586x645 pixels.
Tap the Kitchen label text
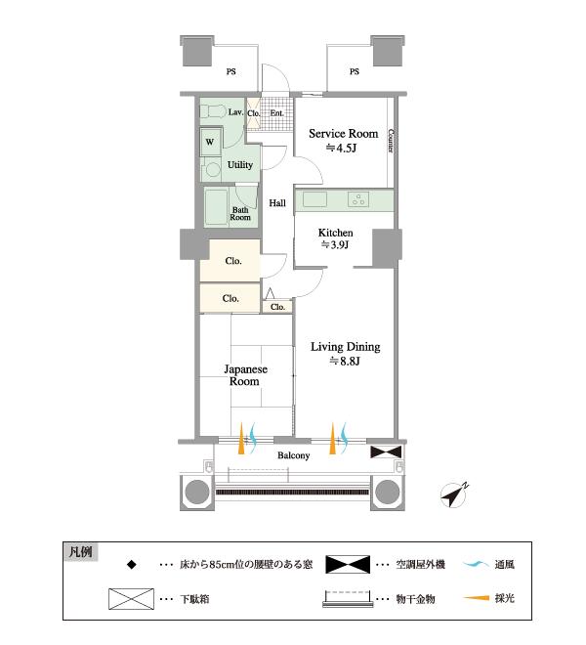(335, 233)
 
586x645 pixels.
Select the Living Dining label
(345, 347)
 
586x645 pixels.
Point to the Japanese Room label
(244, 375)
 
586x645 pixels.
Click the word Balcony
(293, 455)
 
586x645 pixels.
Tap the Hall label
(277, 203)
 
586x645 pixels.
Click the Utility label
(240, 165)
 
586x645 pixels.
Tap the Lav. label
(235, 112)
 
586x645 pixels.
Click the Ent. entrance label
(277, 113)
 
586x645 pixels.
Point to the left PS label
(231, 71)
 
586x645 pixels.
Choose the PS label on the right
(354, 71)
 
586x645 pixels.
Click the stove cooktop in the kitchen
(358, 200)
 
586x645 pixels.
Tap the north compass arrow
(454, 494)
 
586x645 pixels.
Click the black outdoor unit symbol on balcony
(386, 451)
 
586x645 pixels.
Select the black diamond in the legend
(130, 565)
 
